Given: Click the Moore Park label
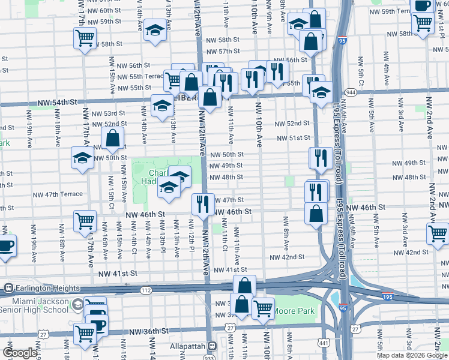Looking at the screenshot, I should [294, 312].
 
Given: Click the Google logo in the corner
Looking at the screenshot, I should [20, 353].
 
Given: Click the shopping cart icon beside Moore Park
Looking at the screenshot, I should [262, 308].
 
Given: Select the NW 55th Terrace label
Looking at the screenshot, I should [139, 76].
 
